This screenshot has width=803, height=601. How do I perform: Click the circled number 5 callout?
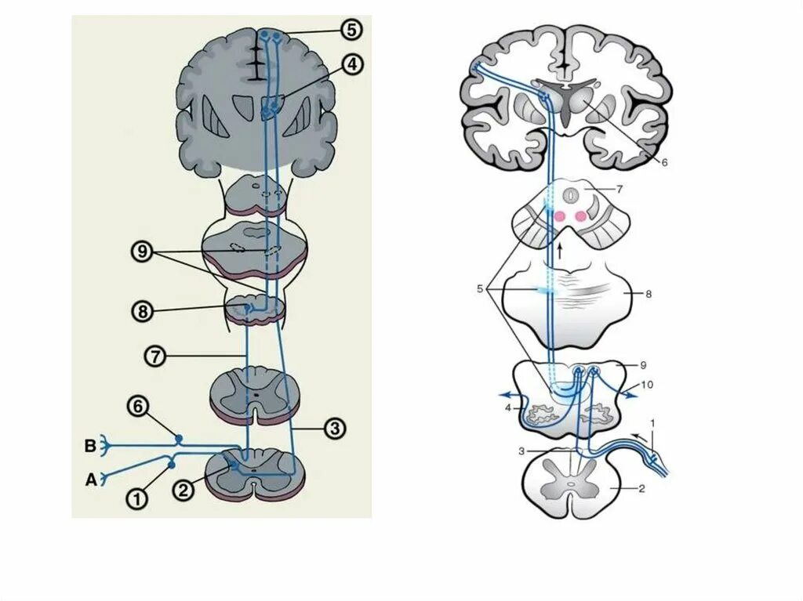tap(351, 30)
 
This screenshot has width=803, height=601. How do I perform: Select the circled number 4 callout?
tap(352, 65)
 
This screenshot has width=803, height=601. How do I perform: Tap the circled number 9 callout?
tap(141, 252)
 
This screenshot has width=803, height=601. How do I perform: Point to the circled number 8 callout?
tap(141, 311)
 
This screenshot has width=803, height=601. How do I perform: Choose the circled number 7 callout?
tap(154, 357)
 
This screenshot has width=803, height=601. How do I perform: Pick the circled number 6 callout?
tap(137, 406)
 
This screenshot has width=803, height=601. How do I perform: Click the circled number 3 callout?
tap(334, 429)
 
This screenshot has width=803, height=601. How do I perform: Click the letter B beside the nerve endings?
tap(90, 447)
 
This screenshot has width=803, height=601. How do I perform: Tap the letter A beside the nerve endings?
tap(90, 480)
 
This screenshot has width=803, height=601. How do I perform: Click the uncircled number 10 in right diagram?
tap(646, 385)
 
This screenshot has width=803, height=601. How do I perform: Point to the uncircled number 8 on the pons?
tap(648, 294)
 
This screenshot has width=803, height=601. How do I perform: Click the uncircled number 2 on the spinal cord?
tap(641, 488)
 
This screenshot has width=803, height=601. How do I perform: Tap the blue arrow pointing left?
tap(509, 395)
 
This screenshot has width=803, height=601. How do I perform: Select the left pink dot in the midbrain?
tap(560, 216)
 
